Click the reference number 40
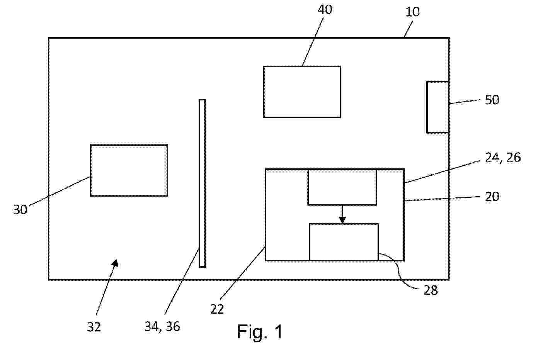pos(325,10)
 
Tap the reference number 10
pos(413,12)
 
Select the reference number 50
pos(492,100)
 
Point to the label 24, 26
pos(503,158)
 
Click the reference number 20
pos(492,197)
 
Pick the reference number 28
pos(431,290)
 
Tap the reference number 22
pos(217,309)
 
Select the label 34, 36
pos(162,326)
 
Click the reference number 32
pos(94,327)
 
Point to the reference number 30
pos(20,210)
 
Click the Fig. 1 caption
pos(260,332)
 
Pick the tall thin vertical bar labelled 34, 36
pos(202,183)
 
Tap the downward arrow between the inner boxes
pos(342,214)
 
